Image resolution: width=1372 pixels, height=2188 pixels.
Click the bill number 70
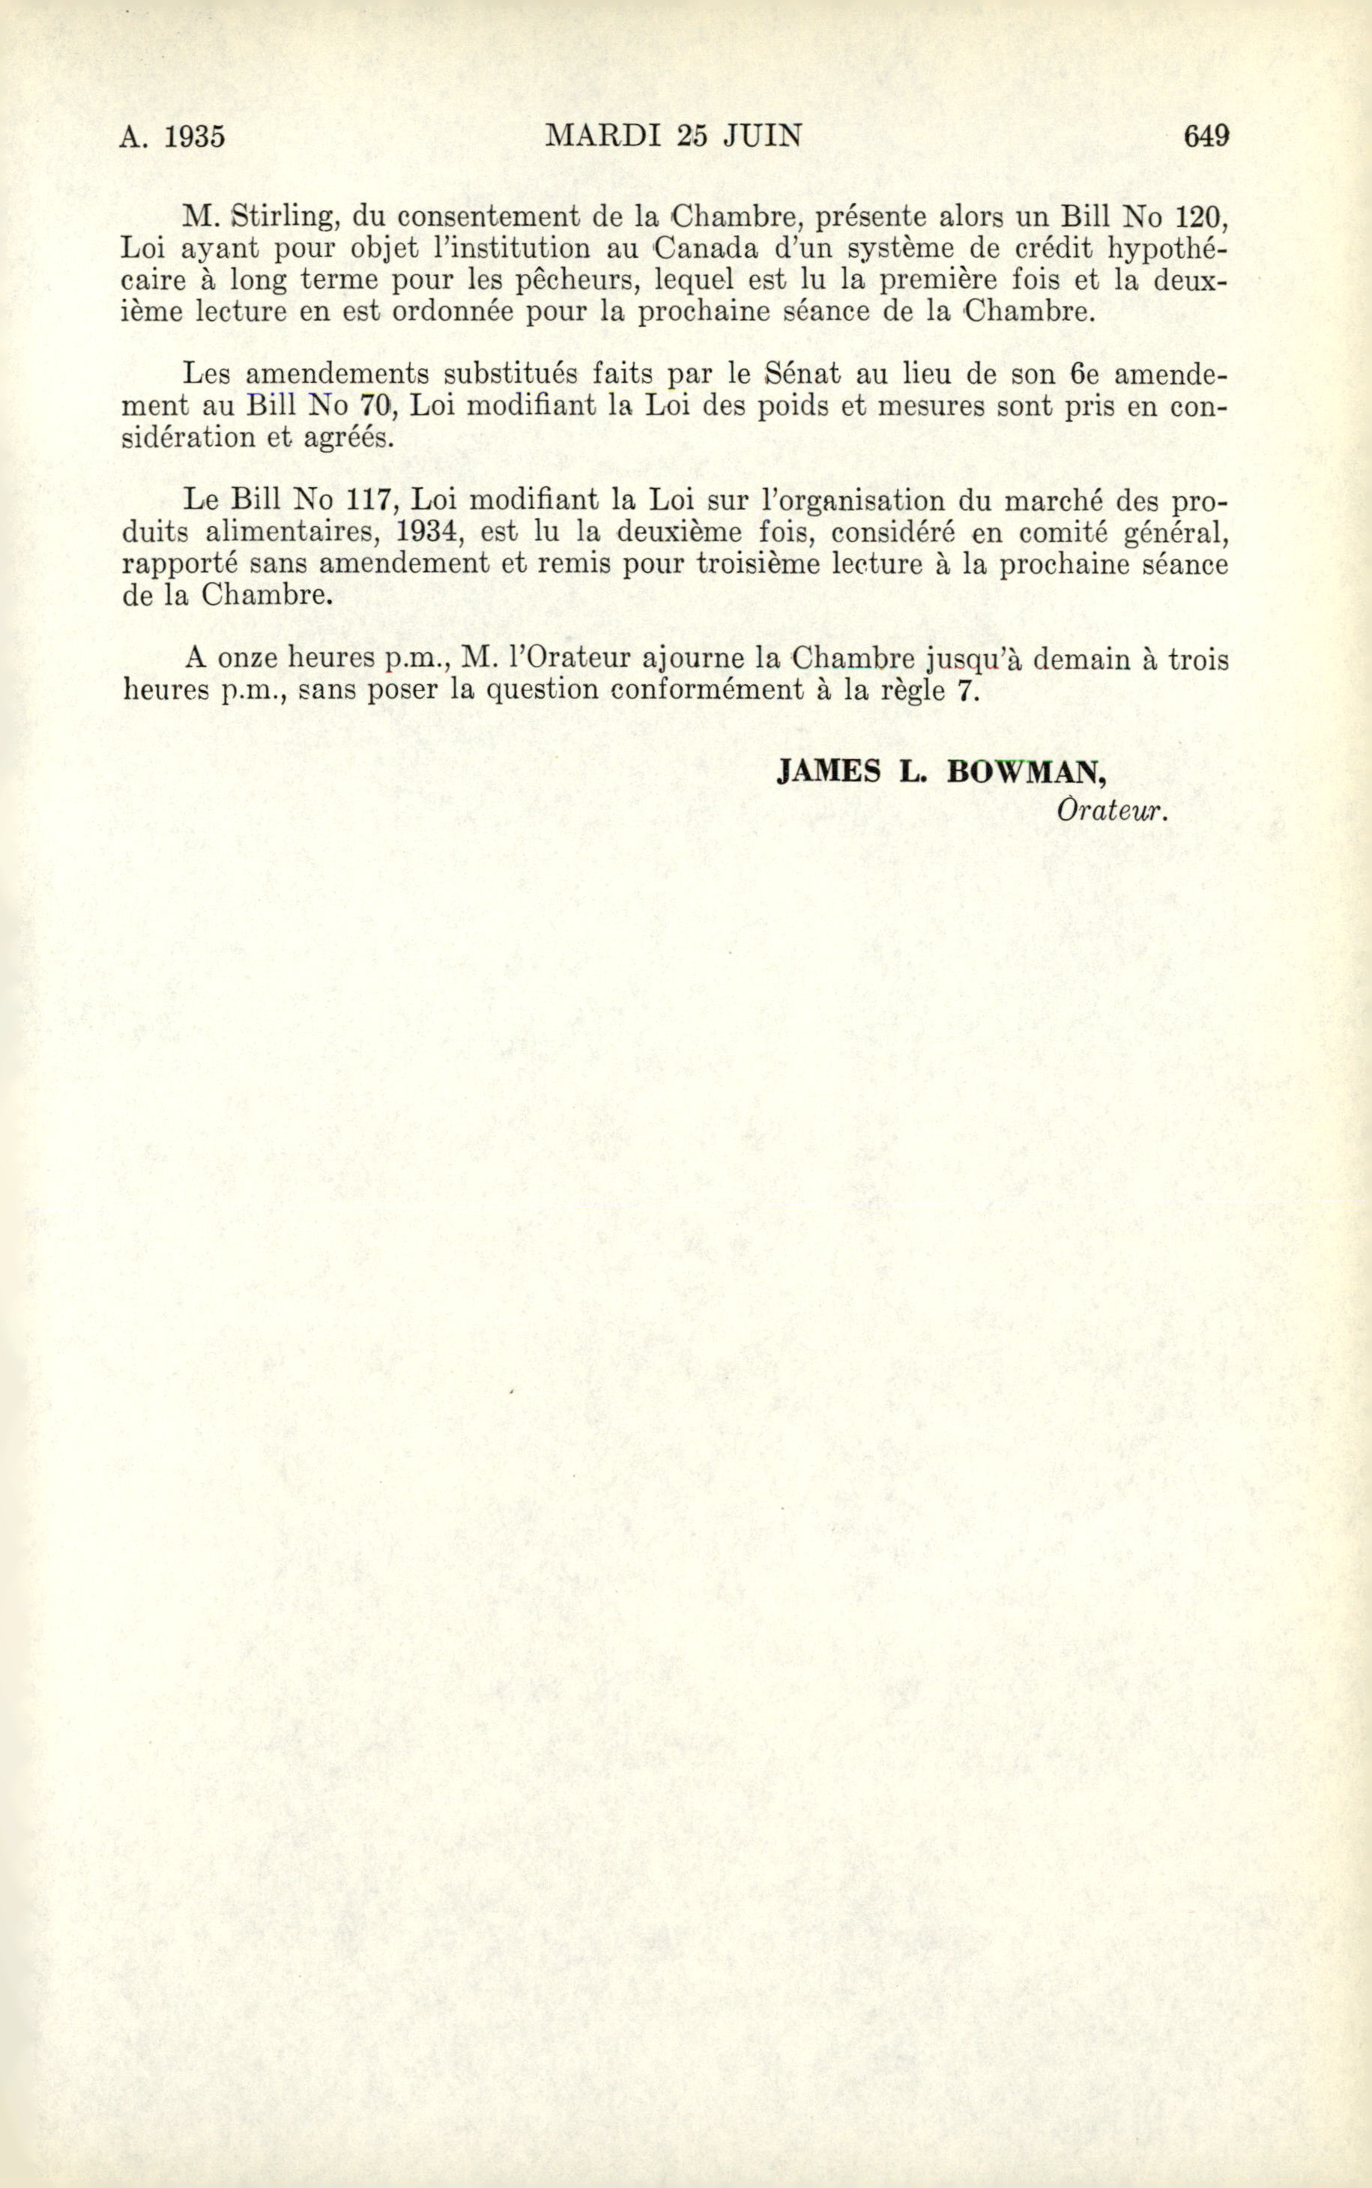(375, 405)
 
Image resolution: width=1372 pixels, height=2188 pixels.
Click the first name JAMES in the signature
(829, 772)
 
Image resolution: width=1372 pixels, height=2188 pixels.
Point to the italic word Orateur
(1110, 810)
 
